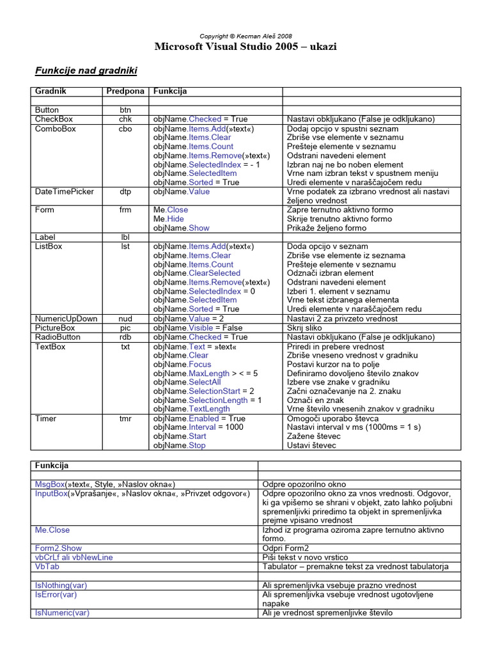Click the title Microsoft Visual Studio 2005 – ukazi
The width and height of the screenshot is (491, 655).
coord(246,47)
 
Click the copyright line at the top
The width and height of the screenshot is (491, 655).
coord(246,36)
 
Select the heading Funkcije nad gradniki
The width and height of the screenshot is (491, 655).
coord(86,70)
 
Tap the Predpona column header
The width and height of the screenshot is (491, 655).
coord(125,91)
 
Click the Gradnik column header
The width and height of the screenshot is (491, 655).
coord(51,91)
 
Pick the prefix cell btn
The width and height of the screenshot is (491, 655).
coord(125,110)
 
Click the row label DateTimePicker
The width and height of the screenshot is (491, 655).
coord(65,191)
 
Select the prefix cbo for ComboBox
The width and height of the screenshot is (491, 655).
coord(125,129)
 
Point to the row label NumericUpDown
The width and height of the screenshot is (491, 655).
coord(66,319)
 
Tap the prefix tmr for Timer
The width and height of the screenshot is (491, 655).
coord(125,418)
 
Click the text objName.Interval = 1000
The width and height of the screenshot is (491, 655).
coord(198,427)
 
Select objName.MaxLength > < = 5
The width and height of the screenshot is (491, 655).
coord(205,373)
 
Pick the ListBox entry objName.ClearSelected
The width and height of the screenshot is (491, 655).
coord(197,273)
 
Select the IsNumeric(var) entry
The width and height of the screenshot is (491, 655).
coord(62,612)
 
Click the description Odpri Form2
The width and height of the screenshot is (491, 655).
coord(285,548)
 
